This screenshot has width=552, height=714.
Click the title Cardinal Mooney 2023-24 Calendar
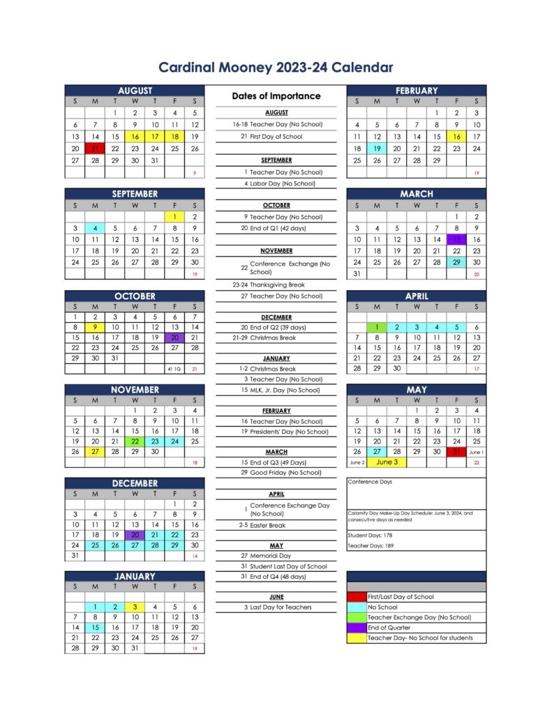pos(276,68)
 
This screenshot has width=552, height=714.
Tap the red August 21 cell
pos(95,149)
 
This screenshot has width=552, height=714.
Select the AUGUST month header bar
pos(135,91)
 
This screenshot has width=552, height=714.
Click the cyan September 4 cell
pos(95,228)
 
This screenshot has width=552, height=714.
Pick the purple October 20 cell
pos(175,337)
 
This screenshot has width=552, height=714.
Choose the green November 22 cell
pos(135,441)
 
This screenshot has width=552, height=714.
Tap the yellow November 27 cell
pos(95,451)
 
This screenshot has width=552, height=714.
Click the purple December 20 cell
pos(135,535)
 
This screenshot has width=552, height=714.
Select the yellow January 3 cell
pos(135,607)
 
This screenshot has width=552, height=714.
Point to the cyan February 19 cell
pos(377,149)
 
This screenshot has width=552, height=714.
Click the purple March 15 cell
pos(456,239)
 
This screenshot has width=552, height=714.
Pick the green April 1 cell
pos(377,327)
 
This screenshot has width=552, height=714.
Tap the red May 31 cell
pos(456,451)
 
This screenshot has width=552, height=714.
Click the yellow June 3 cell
pos(387,462)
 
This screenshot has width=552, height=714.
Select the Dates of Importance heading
pos(276,96)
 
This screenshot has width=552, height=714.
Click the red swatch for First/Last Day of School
pos(357,597)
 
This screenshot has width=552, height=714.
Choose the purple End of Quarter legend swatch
pos(357,628)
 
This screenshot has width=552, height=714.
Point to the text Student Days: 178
pos(371,535)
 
